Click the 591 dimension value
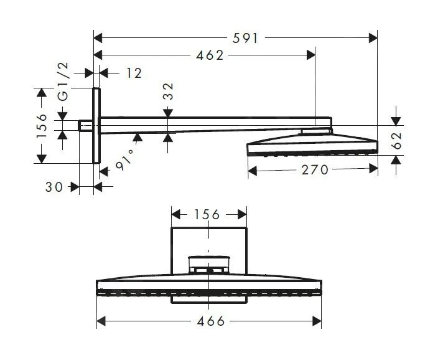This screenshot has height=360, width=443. pos(245,38)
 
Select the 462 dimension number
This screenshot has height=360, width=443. pos(210,55)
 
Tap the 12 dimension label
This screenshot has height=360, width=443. pos(134,73)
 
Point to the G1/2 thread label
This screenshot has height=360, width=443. pos(63,81)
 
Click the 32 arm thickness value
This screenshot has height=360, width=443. pos(168,91)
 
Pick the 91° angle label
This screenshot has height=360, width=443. pos(124,160)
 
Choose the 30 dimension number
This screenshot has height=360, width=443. pos(54,187)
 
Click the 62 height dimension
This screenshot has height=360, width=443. pos(397,141)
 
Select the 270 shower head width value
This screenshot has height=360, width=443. pos(315,170)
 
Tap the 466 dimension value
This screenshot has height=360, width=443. pos(211,321)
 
